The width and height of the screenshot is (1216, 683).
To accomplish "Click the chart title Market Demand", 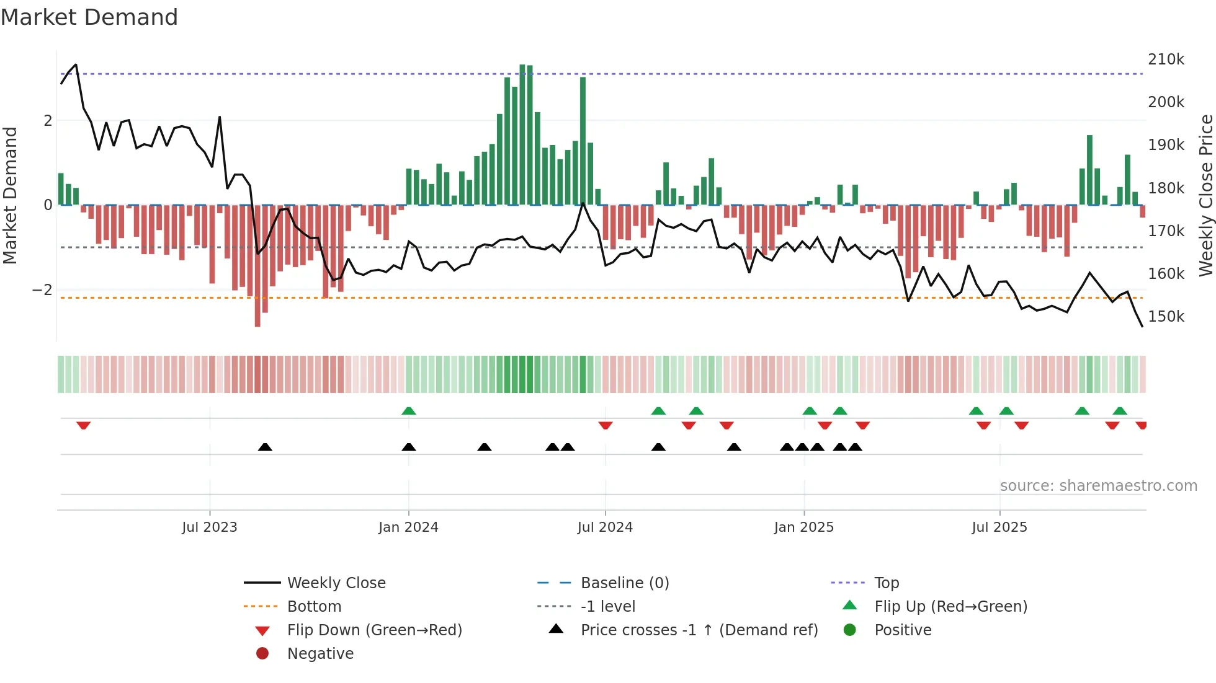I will tap(89, 17).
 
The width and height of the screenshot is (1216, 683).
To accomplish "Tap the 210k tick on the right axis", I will tap(1166, 59).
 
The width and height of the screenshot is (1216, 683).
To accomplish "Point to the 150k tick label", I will tap(1166, 317).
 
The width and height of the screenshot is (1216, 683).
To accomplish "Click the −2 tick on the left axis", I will tap(42, 290).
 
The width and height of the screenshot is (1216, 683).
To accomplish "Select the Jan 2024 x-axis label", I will tap(408, 527).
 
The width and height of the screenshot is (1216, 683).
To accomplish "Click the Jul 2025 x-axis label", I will tap(999, 527).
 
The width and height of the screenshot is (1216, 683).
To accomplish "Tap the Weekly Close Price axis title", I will tap(1205, 195).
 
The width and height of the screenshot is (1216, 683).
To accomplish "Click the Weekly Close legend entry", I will tap(336, 583).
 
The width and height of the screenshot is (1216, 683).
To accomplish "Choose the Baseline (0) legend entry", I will tap(624, 583).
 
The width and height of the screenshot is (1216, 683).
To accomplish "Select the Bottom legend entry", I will tap(314, 607).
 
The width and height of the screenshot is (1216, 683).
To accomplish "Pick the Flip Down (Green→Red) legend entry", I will tap(374, 630).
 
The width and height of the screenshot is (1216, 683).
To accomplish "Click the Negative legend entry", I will tap(320, 654).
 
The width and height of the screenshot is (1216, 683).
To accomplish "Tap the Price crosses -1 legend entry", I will tap(699, 630).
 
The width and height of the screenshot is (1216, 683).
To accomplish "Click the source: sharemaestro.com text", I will tap(1098, 486).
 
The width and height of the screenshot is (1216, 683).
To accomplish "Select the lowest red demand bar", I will tap(257, 265).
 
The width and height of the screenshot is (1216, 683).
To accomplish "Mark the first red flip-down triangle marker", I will tap(84, 425).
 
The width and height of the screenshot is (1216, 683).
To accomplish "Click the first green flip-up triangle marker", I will tap(408, 411).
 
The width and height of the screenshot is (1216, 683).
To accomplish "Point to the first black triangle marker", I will tap(265, 447).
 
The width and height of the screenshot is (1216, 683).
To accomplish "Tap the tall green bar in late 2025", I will tap(1089, 170).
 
